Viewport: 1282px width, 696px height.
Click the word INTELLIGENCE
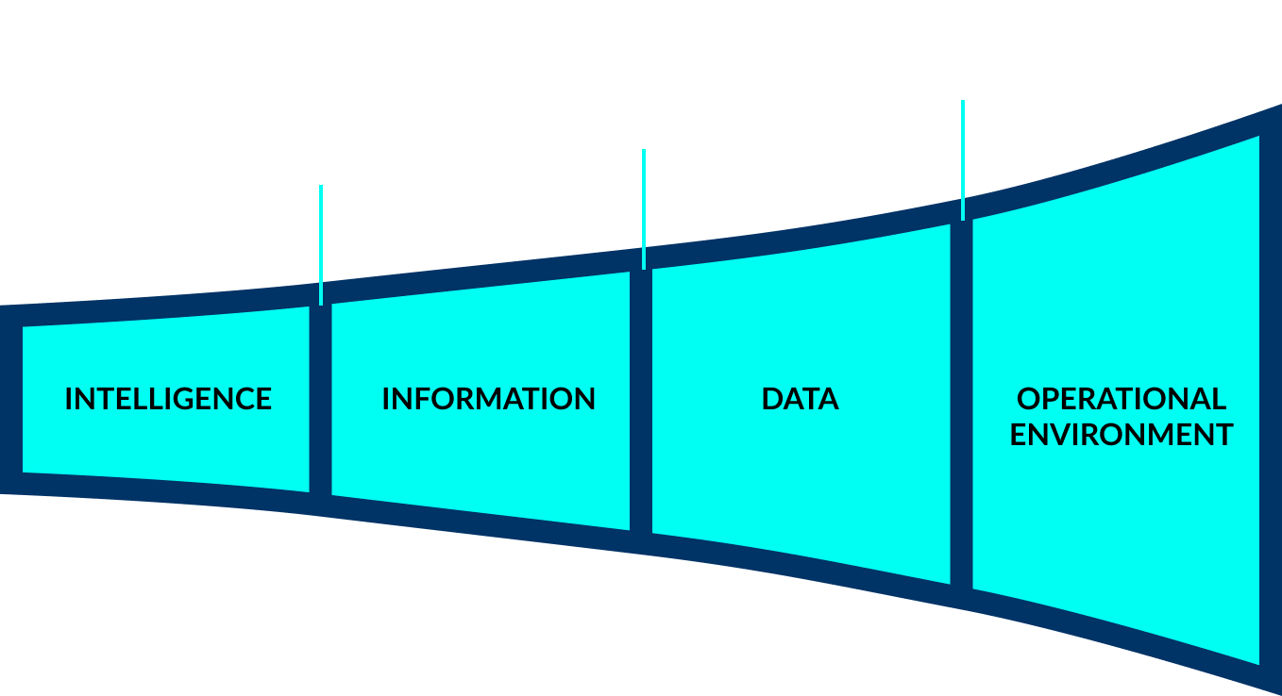tap(168, 399)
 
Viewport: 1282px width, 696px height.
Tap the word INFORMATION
tap(488, 399)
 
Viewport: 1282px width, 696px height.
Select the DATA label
tap(800, 399)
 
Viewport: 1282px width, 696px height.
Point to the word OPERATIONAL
tap(1122, 399)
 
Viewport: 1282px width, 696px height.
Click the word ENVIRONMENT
tap(1122, 435)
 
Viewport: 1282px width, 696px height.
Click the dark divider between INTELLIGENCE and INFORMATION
tap(320, 406)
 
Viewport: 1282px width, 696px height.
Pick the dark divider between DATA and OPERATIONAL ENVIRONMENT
tap(961, 406)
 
